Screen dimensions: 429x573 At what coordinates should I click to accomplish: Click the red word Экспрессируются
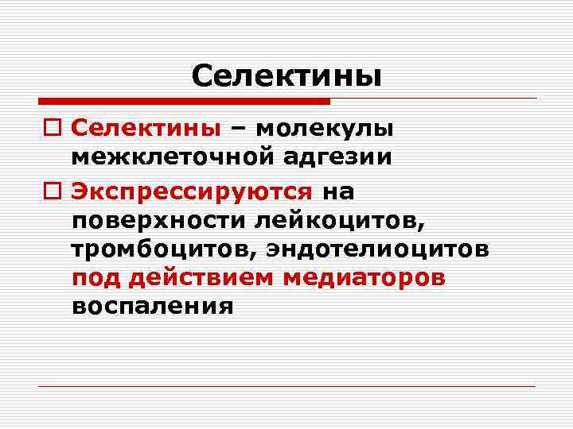191,191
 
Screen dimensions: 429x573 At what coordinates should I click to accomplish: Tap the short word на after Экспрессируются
338,191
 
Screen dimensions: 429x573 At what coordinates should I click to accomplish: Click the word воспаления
152,307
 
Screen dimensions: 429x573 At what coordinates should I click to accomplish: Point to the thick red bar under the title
184,101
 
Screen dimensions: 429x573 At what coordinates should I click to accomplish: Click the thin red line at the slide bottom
286,387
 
